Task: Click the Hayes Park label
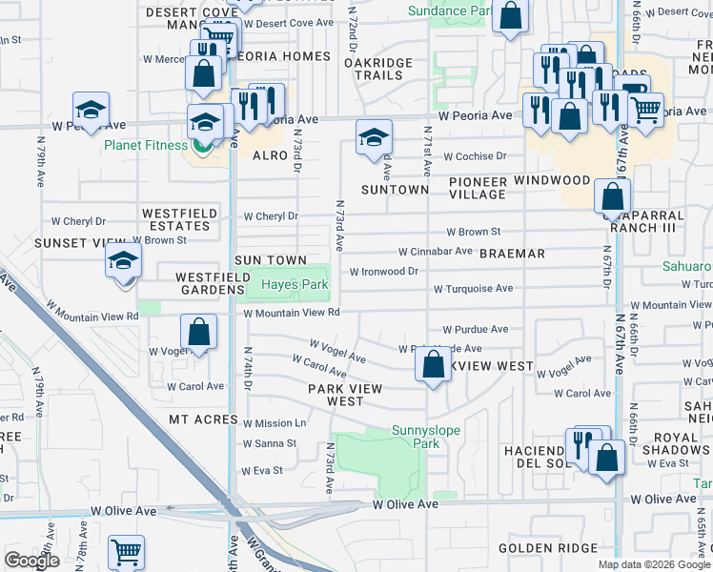pyautogui.click(x=295, y=285)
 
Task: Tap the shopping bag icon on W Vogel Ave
pyautogui.click(x=198, y=334)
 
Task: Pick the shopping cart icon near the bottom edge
pyautogui.click(x=126, y=552)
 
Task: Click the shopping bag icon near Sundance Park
pyautogui.click(x=510, y=16)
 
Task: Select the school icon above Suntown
pyautogui.click(x=374, y=137)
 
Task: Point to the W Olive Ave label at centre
pyautogui.click(x=405, y=503)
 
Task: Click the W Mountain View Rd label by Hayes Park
pyautogui.click(x=292, y=313)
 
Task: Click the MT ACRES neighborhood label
pyautogui.click(x=203, y=419)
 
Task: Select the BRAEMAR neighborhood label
pyautogui.click(x=512, y=254)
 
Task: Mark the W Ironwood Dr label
pyautogui.click(x=384, y=271)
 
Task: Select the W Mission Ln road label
pyautogui.click(x=274, y=423)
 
